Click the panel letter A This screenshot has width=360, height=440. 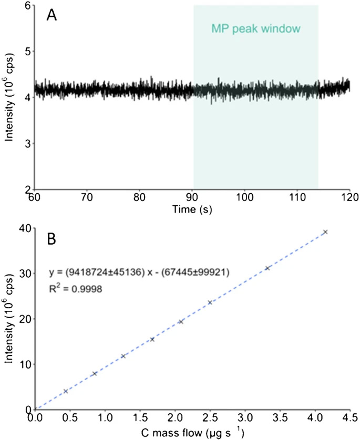[52, 16]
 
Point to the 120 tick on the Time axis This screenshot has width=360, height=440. [349, 198]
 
